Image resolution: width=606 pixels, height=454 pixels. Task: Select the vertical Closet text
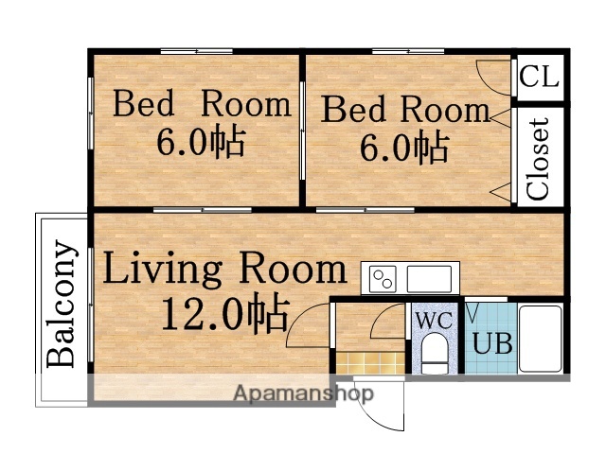click(x=538, y=158)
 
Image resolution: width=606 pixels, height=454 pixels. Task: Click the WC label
click(x=433, y=320)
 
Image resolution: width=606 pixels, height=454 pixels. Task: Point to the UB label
click(x=492, y=342)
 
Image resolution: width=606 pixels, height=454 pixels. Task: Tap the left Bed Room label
click(x=201, y=103)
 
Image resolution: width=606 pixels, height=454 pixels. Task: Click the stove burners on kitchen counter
click(x=383, y=279)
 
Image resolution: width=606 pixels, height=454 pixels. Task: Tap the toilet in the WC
click(x=434, y=355)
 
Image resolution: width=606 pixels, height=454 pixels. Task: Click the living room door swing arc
click(x=305, y=326)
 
